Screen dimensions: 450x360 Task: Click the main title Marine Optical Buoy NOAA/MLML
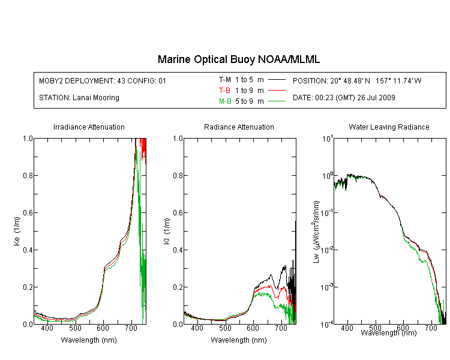pyautogui.click(x=238, y=59)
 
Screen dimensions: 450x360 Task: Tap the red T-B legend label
pyautogui.click(x=224, y=91)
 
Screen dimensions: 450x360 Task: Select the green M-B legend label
pyautogui.click(x=225, y=101)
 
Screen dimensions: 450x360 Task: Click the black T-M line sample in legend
pyautogui.click(x=277, y=80)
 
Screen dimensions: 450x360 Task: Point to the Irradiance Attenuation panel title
pyautogui.click(x=89, y=127)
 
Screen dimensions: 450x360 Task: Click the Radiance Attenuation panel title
pyautogui.click(x=239, y=127)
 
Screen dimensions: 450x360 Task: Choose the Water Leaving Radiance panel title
pyautogui.click(x=389, y=127)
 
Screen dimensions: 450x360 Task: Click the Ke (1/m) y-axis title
pyautogui.click(x=17, y=232)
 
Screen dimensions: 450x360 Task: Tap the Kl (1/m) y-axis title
pyautogui.click(x=167, y=232)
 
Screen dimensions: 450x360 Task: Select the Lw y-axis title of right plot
pyautogui.click(x=316, y=232)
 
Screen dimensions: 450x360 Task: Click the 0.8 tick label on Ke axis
pyautogui.click(x=28, y=175)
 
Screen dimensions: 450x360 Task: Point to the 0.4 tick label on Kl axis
pyautogui.click(x=178, y=250)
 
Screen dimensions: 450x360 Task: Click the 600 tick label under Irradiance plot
pyautogui.click(x=103, y=328)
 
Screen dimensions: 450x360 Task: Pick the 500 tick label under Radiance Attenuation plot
pyautogui.click(x=225, y=328)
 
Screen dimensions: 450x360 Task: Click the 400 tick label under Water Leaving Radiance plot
pyautogui.click(x=347, y=328)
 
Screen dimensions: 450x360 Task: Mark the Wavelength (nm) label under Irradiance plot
pyautogui.click(x=89, y=340)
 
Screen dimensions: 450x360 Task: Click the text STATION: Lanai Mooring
pyautogui.click(x=79, y=98)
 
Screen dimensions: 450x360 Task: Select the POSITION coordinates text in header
pyautogui.click(x=357, y=81)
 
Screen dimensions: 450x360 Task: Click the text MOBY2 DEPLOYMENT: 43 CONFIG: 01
pyautogui.click(x=103, y=81)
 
